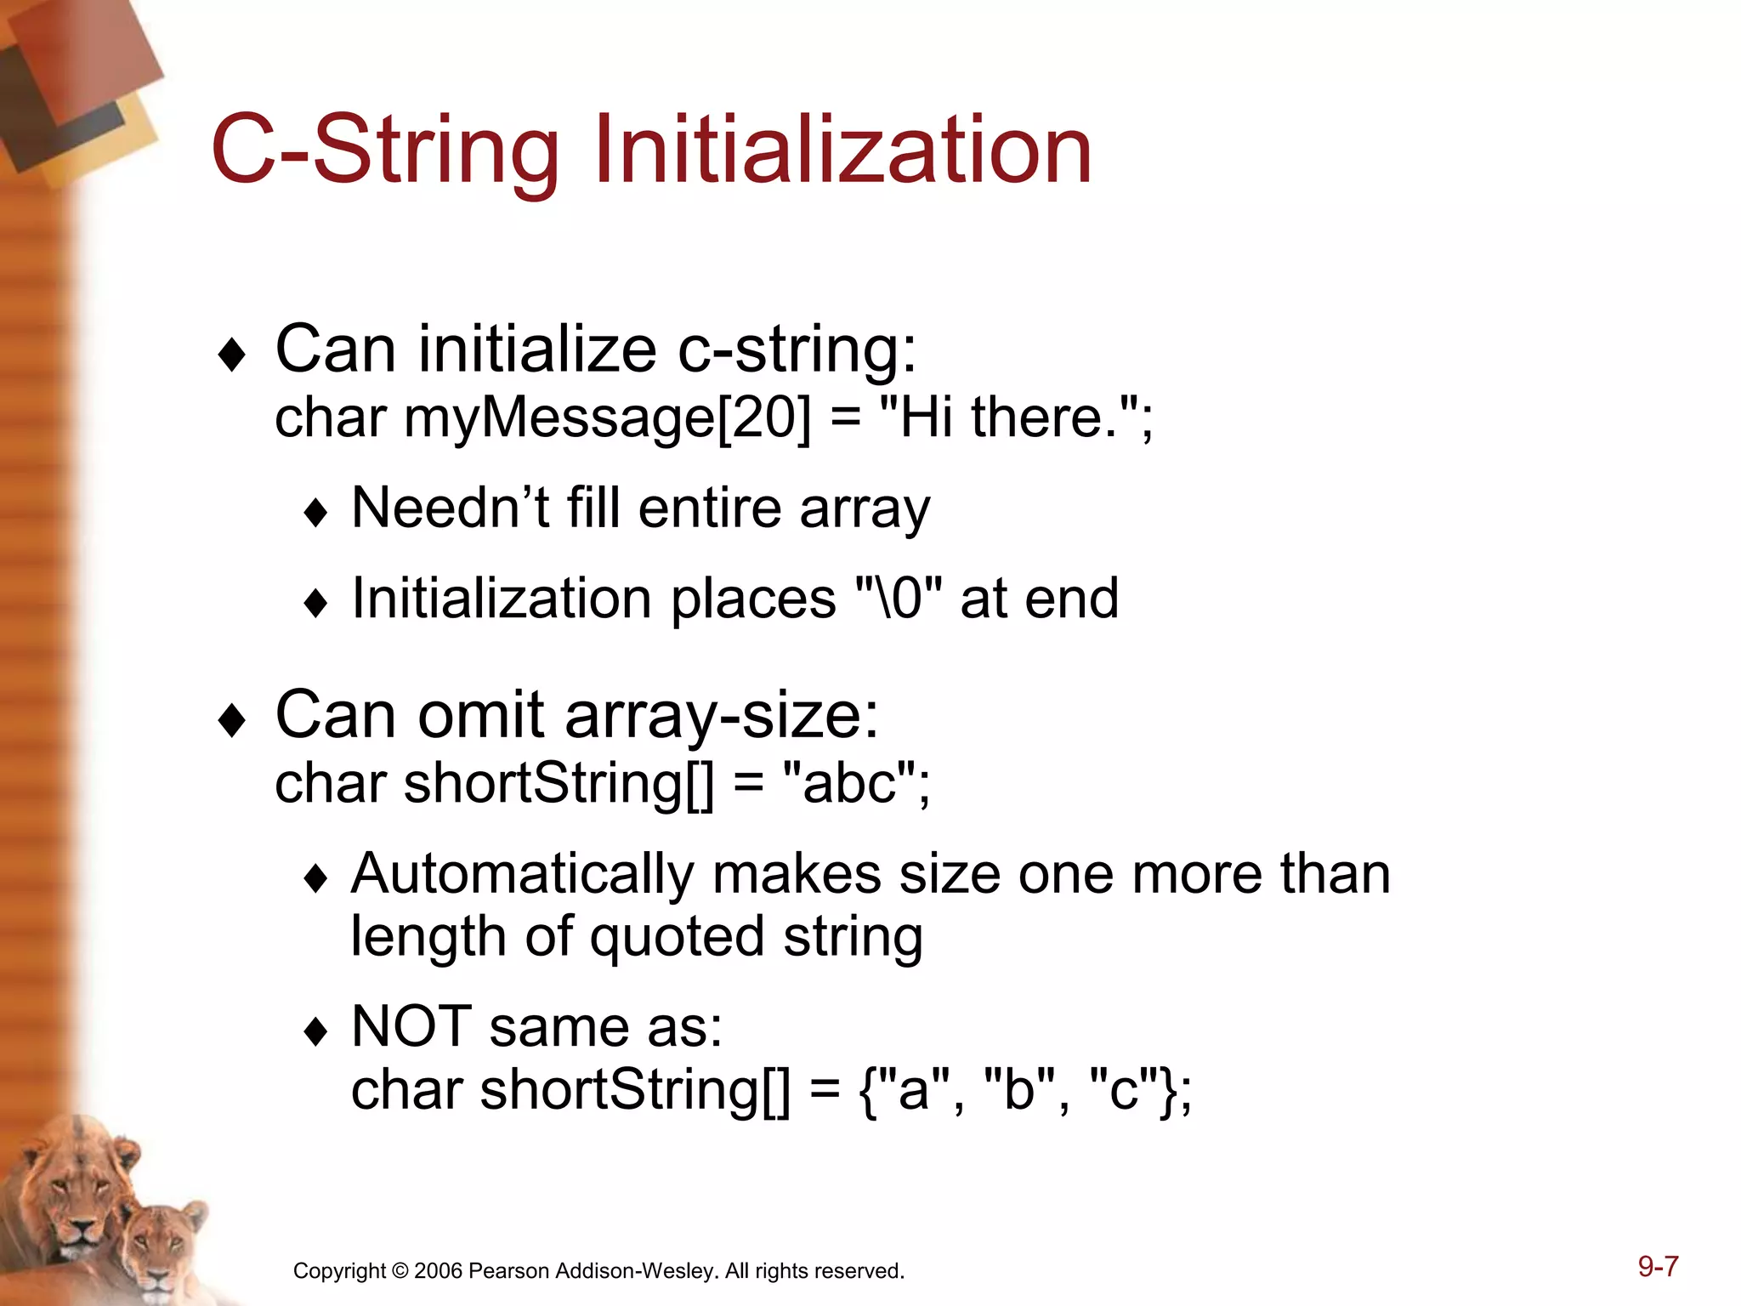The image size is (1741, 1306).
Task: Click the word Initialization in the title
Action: (x=842, y=150)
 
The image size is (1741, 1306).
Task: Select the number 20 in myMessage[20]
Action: (x=763, y=418)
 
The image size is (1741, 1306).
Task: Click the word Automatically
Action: (x=523, y=874)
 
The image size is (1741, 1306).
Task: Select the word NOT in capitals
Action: (x=411, y=1026)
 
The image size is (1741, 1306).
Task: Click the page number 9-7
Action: (x=1658, y=1267)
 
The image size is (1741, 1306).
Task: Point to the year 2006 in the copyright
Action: (x=438, y=1271)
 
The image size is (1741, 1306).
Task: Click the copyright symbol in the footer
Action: (x=400, y=1271)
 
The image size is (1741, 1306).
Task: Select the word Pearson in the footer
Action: (x=508, y=1271)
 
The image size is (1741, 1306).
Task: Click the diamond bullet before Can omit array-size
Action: (x=232, y=721)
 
